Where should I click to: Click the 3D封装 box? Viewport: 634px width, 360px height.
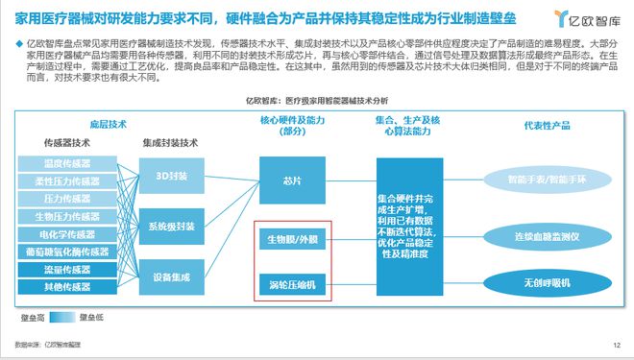[x=172, y=177]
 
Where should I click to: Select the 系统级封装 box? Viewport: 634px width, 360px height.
[x=172, y=227]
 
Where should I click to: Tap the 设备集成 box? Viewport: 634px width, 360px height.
[x=172, y=277]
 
